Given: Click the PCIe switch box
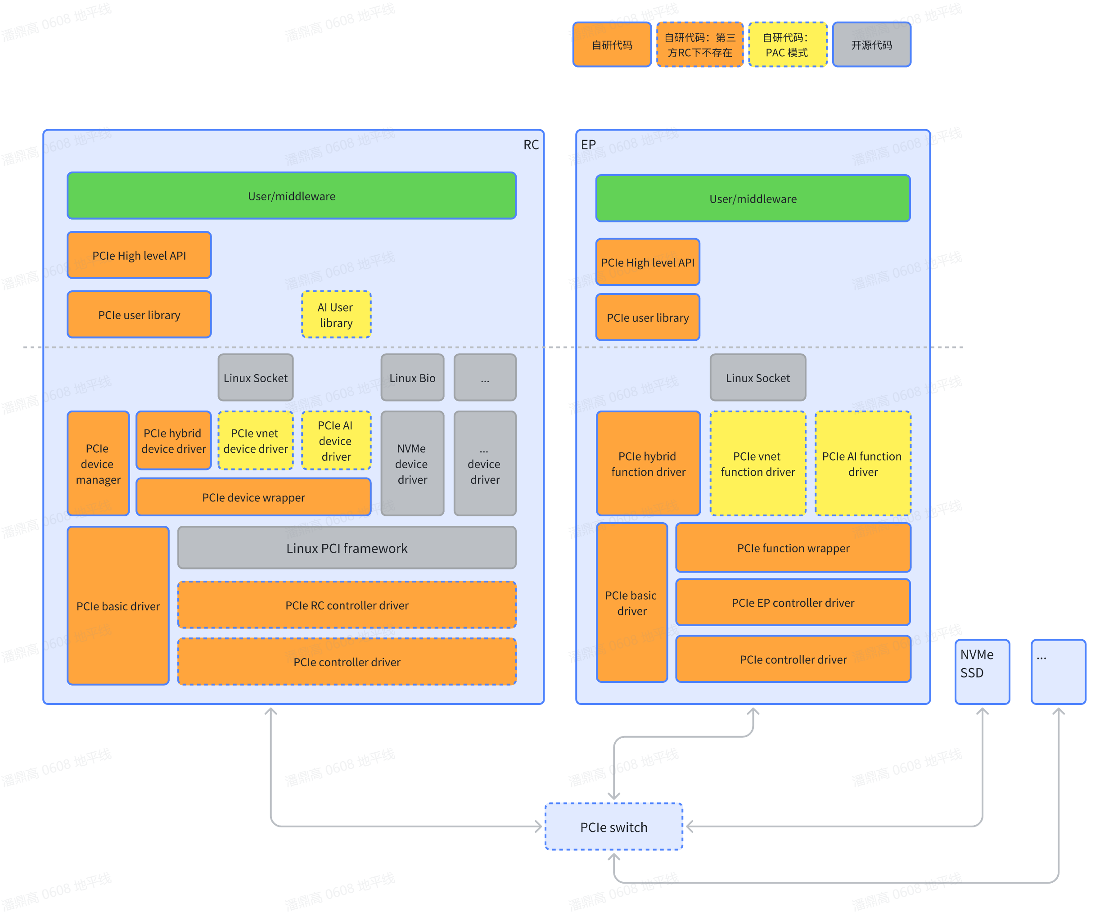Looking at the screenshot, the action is coord(613,826).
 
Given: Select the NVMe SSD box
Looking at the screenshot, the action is coord(983,671).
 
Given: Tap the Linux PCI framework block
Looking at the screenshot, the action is coord(347,548).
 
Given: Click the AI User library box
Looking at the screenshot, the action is coord(336,315).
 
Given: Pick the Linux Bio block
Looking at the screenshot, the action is coord(412,378).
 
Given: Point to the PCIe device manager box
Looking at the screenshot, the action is coord(98,463).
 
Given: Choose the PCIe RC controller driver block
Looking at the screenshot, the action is coord(347,605).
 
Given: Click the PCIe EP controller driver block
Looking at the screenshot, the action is coord(793,602).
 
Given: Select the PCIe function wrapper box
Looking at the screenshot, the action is coord(793,547).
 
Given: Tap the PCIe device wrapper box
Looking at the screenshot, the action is coord(254,497).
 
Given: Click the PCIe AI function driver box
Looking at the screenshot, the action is coord(863,463).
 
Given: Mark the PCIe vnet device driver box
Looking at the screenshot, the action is coord(256,440).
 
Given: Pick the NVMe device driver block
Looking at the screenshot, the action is coord(412,463).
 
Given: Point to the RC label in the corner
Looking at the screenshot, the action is coord(531,144).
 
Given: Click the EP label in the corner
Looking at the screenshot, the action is coord(588,144).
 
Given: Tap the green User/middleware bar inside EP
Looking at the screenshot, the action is coord(753,199).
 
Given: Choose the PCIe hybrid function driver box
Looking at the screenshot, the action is coord(648,463).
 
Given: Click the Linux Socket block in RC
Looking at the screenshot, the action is coord(256,378).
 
